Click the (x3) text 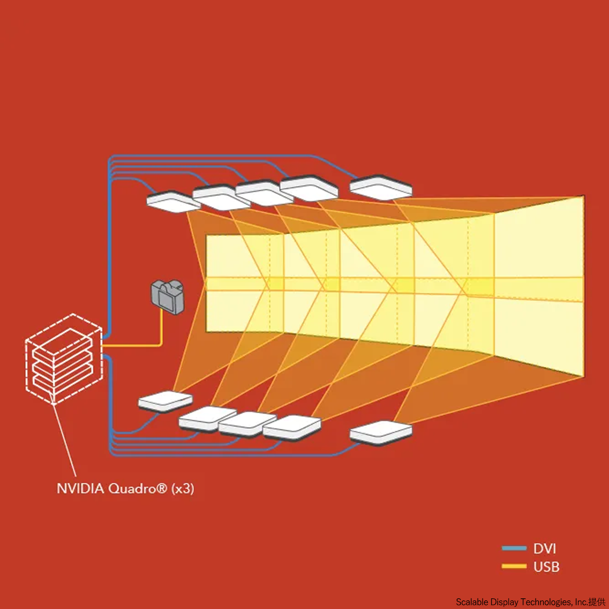point(183,489)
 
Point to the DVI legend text point(545,549)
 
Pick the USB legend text point(546,567)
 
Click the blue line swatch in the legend point(514,549)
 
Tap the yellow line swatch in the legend point(514,566)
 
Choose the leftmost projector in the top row point(173,200)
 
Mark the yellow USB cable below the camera point(161,330)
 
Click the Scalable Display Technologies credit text point(530,602)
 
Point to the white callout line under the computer point(65,439)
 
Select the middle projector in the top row point(264,193)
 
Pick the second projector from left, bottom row point(207,419)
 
